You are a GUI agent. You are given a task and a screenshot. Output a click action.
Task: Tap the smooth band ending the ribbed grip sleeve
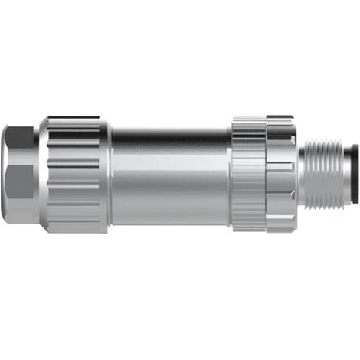pyautogui.click(x=104, y=175)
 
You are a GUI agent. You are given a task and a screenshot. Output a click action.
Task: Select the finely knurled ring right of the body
pyautogui.click(x=248, y=175)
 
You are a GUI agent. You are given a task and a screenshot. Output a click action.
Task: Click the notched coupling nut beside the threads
pyautogui.click(x=280, y=175)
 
